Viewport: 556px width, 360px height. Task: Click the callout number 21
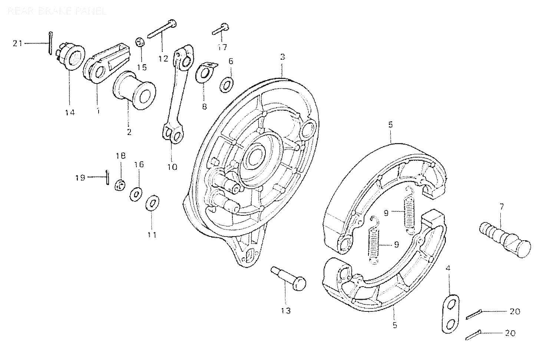click(x=17, y=43)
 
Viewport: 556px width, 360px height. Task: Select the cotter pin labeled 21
click(x=50, y=43)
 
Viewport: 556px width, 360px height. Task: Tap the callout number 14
click(x=70, y=112)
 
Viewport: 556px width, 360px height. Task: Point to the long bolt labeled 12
click(x=162, y=29)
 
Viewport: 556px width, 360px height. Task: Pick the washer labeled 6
click(x=226, y=85)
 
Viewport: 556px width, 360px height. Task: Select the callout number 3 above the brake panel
click(x=282, y=57)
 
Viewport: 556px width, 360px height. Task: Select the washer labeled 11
click(x=152, y=203)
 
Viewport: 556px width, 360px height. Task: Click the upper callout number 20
click(x=514, y=311)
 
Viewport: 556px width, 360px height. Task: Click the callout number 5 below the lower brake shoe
click(x=395, y=325)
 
